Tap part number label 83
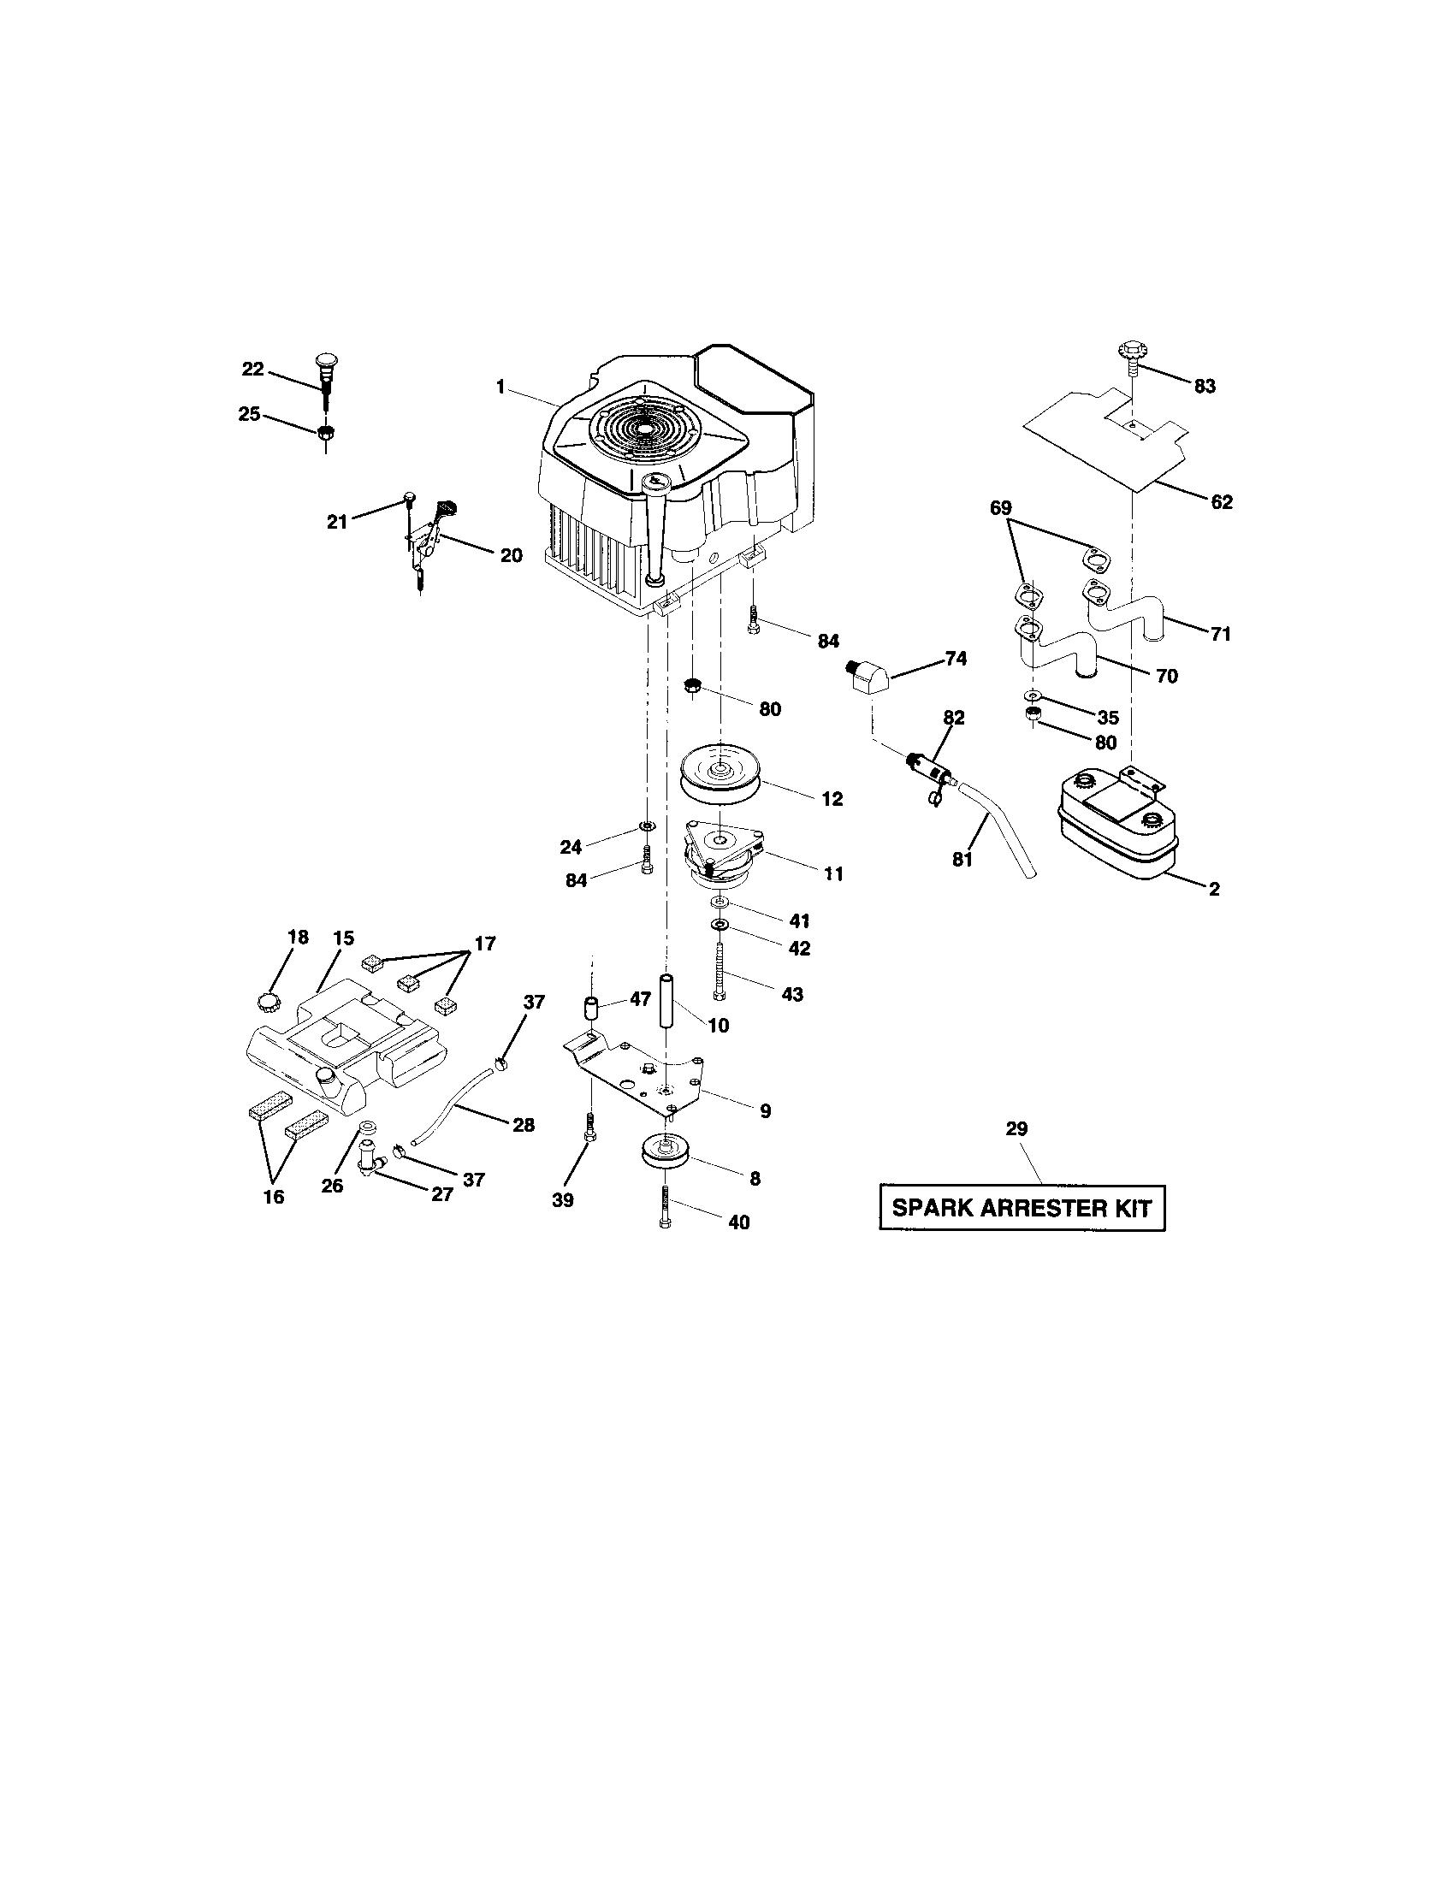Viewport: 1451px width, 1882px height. (x=1205, y=387)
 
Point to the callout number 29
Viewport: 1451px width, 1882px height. (x=1016, y=1129)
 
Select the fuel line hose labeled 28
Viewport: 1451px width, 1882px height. (x=453, y=1105)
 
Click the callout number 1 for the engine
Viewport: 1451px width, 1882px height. (x=500, y=387)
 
